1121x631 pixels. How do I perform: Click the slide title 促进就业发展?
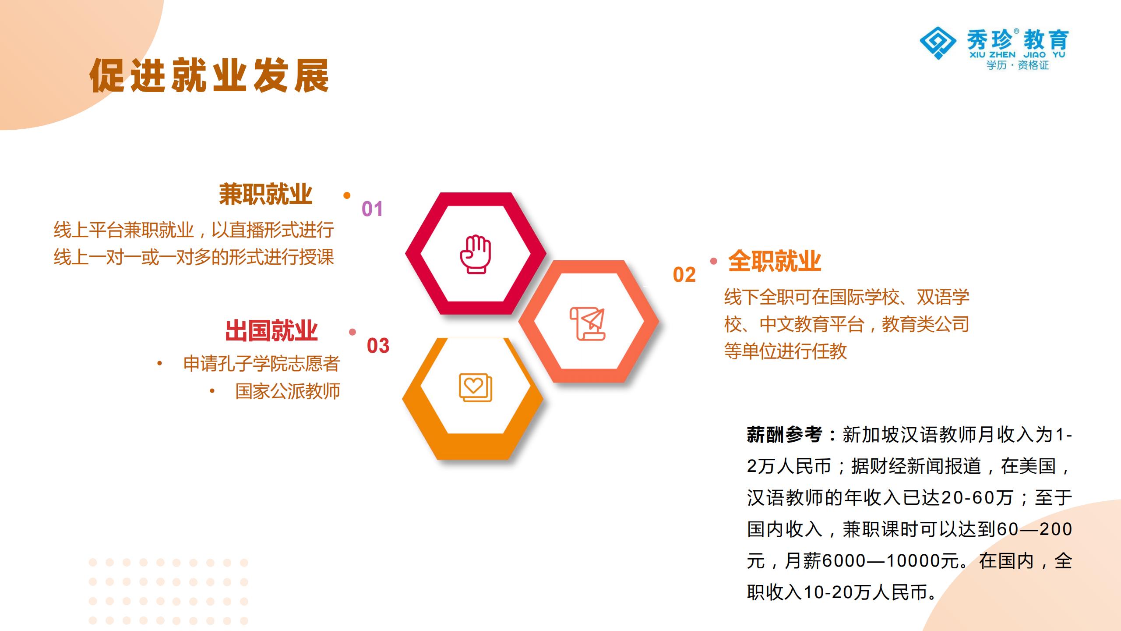[x=209, y=76]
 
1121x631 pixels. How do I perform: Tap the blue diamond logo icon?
[x=938, y=43]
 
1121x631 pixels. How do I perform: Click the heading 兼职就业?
[x=265, y=194]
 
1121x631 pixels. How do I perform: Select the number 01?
[x=372, y=209]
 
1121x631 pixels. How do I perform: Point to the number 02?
[x=684, y=275]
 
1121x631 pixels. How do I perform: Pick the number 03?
[x=378, y=346]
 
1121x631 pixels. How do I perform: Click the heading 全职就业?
[x=774, y=261]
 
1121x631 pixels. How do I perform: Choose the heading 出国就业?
[x=271, y=331]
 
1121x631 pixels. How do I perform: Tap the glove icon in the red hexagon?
[x=476, y=254]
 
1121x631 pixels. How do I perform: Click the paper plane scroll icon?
[x=588, y=323]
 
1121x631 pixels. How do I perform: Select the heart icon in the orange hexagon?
[x=476, y=387]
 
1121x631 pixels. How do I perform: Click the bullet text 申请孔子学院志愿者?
[x=261, y=364]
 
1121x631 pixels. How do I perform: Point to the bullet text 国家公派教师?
[x=288, y=391]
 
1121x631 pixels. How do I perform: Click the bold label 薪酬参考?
[x=784, y=435]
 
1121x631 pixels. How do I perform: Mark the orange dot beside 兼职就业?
[x=347, y=195]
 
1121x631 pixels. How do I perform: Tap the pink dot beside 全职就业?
[x=714, y=261]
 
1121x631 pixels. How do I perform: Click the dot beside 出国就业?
[x=353, y=332]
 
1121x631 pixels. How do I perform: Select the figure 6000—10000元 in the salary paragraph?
[x=892, y=561]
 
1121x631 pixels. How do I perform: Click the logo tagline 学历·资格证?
[x=1018, y=65]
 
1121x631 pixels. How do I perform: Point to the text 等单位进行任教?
[x=786, y=351]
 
